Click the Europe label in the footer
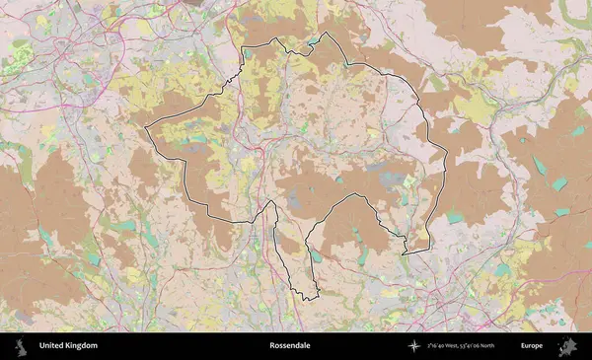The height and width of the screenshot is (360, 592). (x=532, y=346)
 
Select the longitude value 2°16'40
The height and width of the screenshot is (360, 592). (x=440, y=346)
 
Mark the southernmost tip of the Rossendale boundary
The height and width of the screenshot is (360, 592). (x=306, y=299)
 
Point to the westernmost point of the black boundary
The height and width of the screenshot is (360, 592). (x=146, y=129)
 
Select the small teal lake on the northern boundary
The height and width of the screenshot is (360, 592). (x=316, y=41)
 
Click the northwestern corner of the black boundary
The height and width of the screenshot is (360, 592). (x=243, y=47)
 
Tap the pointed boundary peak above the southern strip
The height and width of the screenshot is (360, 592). (x=269, y=201)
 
